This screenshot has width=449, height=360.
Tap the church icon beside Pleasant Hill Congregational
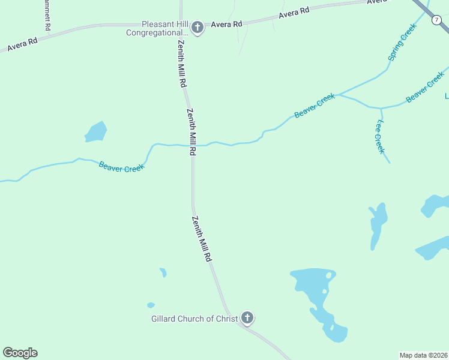coord(196,27)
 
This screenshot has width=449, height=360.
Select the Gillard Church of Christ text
coord(194,319)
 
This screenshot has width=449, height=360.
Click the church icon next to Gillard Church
coord(247,318)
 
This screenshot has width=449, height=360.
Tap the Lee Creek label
coord(379,137)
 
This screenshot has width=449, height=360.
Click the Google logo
coord(20,353)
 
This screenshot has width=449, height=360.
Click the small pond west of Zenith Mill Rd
coord(95,132)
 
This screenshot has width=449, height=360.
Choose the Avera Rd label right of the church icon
coord(226,25)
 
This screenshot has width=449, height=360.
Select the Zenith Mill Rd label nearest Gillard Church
coord(202,238)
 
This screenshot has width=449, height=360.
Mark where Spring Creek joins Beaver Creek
coord(338,94)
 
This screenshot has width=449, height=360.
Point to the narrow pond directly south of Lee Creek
coord(378,225)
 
